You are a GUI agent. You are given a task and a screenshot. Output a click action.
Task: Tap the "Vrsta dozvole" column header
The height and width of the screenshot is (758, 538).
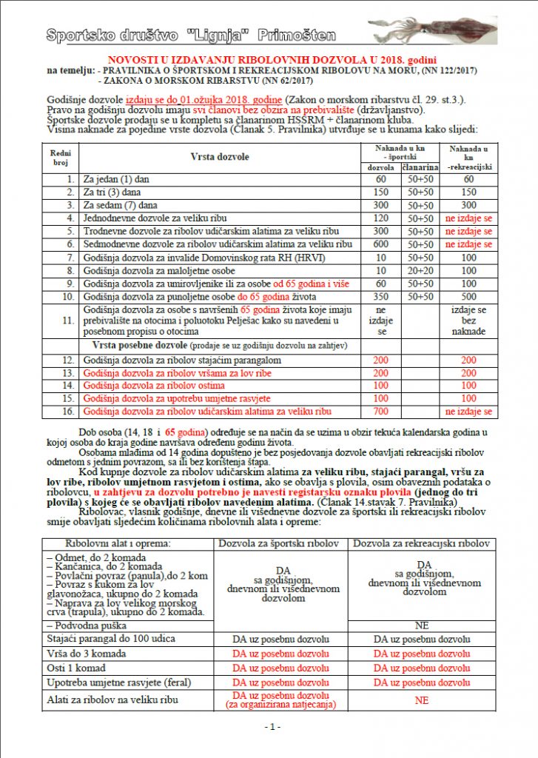click(220, 157)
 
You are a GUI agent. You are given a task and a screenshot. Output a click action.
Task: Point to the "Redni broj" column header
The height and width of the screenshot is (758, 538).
click(59, 157)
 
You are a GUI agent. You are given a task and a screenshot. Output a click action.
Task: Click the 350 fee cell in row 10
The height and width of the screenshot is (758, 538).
click(381, 295)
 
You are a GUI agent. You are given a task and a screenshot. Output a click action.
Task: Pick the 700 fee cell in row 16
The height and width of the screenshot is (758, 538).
click(381, 412)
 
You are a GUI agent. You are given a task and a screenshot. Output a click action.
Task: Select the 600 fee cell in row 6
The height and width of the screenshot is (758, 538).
click(381, 244)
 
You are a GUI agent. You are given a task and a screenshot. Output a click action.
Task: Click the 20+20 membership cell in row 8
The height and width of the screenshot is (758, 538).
click(419, 269)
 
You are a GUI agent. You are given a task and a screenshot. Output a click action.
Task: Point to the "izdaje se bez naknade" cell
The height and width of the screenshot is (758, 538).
click(468, 321)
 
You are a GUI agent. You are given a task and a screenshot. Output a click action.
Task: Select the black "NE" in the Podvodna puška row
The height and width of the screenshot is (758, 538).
click(423, 625)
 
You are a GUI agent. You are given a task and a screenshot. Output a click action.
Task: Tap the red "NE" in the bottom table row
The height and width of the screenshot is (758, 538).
click(423, 700)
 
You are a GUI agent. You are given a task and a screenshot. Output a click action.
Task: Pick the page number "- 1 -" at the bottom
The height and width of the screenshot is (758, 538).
click(271, 727)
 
